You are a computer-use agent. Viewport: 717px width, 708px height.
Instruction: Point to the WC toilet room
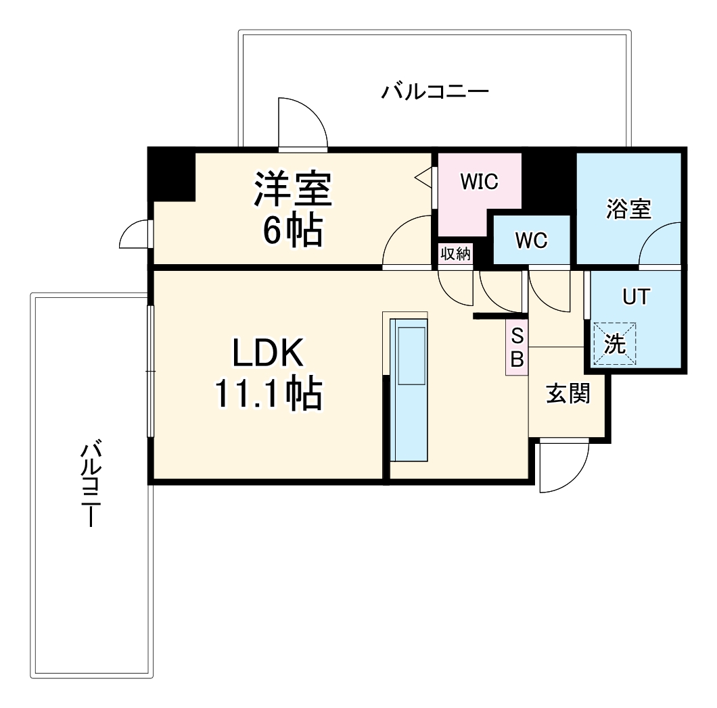tap(531, 241)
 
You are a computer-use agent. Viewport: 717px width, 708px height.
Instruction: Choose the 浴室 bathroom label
tap(628, 209)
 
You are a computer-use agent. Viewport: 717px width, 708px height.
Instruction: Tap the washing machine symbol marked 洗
tap(614, 345)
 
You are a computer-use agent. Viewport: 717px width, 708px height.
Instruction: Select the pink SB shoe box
tap(516, 347)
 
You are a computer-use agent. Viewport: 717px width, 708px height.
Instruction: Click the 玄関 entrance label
tap(568, 394)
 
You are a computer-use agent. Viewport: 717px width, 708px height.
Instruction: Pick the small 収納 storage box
tap(456, 254)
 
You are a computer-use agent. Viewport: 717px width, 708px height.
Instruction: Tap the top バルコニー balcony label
tap(434, 91)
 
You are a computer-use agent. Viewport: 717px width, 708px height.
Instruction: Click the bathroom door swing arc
tap(658, 245)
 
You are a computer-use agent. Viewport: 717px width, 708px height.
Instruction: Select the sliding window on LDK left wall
tap(151, 371)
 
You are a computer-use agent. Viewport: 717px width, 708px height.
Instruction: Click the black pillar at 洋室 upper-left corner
tap(172, 175)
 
